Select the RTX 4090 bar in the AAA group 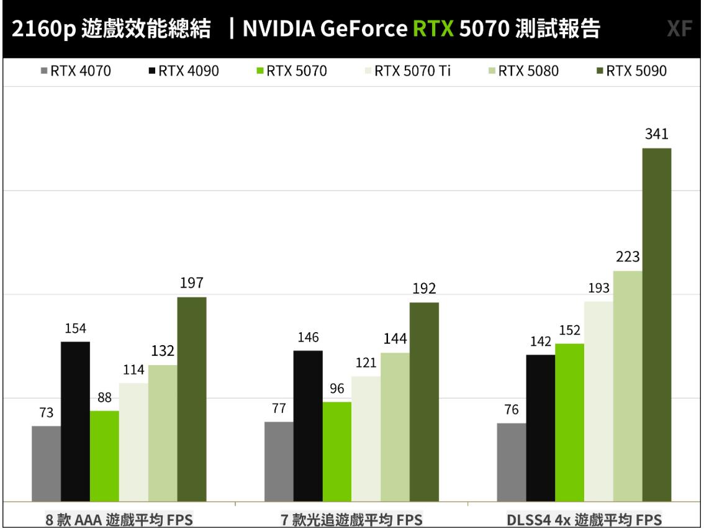point(75,421)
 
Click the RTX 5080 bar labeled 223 point(628,386)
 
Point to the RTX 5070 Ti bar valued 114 point(133,441)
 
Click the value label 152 point(569,331)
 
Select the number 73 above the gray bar point(46,413)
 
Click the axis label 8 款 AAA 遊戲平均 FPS point(118,519)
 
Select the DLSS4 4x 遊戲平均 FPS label point(584,519)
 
